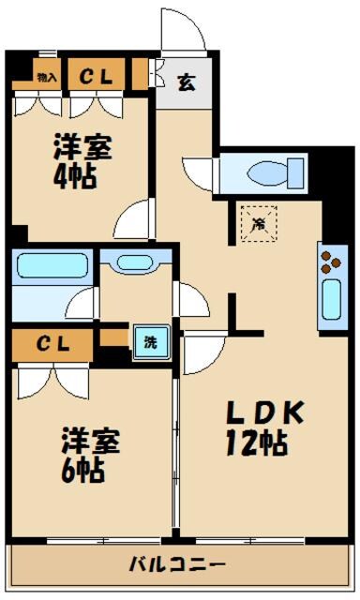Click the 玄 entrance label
point(186,82)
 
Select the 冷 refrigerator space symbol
point(256,222)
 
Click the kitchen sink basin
point(331,301)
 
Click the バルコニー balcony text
point(177,565)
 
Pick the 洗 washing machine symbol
point(150,342)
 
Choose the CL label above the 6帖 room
point(52,344)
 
